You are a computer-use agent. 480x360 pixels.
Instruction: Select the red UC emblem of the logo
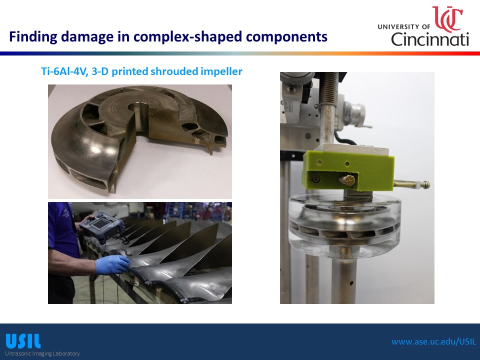(x=447, y=19)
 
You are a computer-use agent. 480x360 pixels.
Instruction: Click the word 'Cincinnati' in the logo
(x=430, y=39)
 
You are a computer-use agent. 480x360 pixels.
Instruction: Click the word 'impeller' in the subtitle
(x=221, y=71)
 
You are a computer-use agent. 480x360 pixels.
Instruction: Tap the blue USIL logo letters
(x=23, y=341)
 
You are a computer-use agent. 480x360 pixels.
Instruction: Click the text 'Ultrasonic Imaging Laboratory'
(x=42, y=353)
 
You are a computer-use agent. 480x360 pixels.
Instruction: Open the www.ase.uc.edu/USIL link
(x=434, y=341)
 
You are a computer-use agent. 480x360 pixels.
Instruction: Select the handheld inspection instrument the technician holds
(x=102, y=227)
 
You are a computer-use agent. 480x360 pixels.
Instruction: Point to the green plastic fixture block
(x=348, y=172)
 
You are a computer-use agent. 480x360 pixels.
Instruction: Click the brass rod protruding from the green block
(x=411, y=184)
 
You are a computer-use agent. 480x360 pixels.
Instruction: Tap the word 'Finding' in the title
(x=33, y=37)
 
